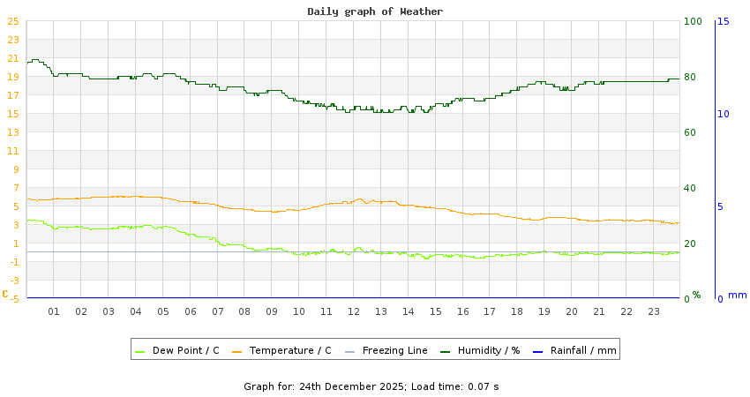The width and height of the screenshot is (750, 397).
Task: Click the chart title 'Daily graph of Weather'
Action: (375, 11)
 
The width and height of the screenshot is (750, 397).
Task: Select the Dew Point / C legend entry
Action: (185, 350)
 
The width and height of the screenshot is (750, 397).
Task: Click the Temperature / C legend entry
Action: (289, 350)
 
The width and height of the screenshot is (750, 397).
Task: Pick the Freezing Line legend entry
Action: (394, 350)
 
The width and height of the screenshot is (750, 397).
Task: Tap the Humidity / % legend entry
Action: (488, 350)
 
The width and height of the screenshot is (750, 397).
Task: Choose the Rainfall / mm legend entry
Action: (582, 350)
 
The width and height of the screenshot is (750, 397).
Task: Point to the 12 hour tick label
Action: (354, 311)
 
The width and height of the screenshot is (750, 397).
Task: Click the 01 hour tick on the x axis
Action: (54, 311)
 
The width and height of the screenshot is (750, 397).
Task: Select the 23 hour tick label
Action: (654, 311)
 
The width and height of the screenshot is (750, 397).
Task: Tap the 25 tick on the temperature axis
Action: (12, 21)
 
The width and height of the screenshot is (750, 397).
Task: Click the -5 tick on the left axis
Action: (12, 299)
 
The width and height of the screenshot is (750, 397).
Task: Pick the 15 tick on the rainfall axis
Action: (724, 21)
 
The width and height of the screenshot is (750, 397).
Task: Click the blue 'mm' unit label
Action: (737, 295)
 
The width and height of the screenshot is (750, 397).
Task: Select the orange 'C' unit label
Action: (5, 294)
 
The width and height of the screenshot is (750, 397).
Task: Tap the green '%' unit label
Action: (696, 295)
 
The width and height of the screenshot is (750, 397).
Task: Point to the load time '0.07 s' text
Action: (483, 386)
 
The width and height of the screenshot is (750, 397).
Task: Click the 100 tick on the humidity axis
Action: (694, 21)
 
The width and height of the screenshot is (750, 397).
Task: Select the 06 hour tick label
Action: (191, 311)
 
